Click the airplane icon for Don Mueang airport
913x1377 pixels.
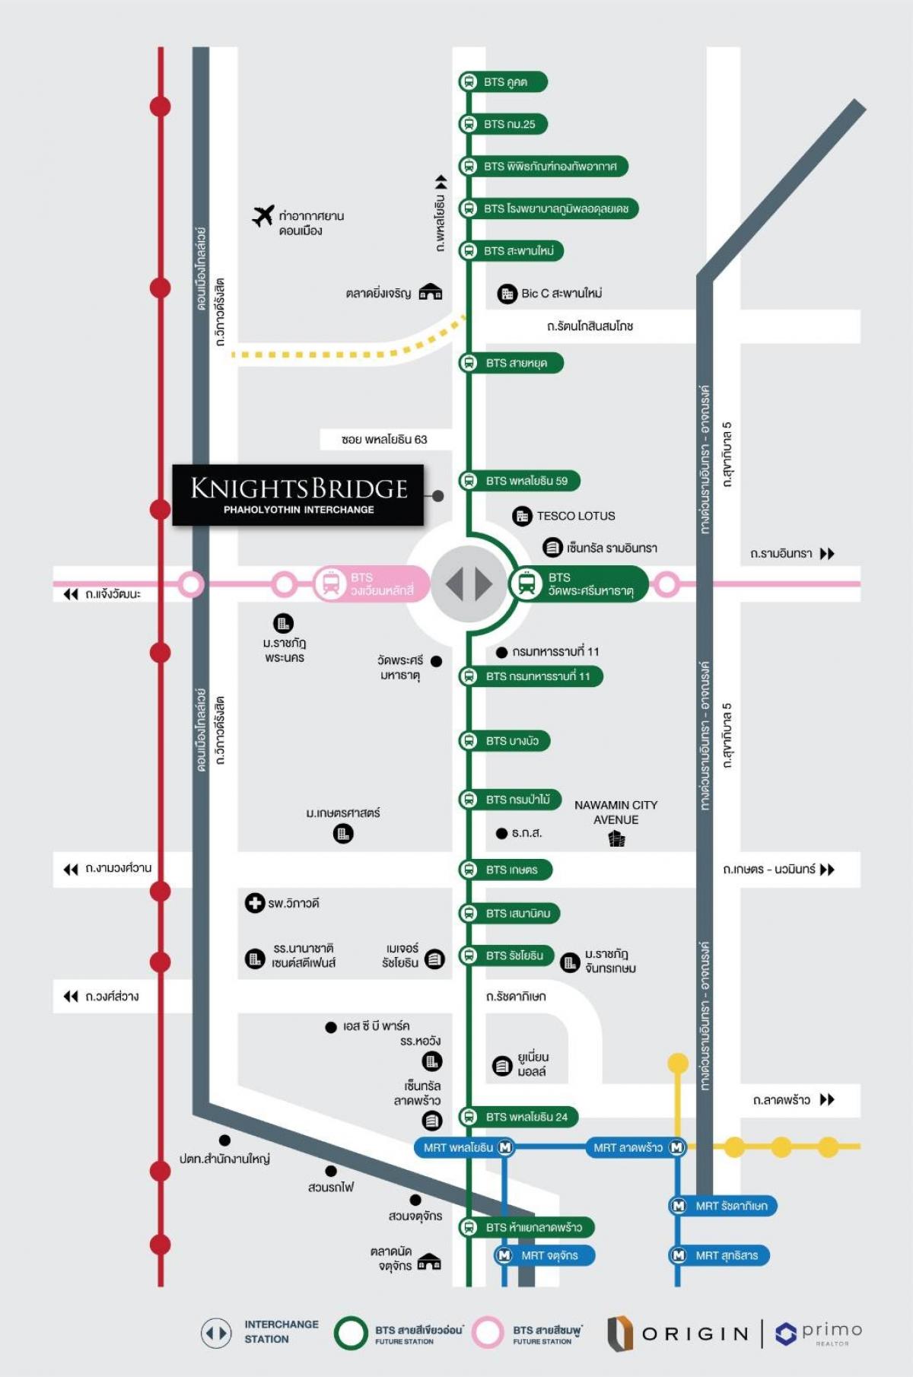[262, 216]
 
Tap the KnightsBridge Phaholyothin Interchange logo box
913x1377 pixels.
[297, 495]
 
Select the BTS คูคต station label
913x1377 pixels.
[504, 81]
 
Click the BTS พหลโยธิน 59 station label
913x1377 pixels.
[525, 481]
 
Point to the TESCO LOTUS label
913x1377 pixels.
[575, 516]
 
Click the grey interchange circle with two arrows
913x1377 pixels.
[469, 584]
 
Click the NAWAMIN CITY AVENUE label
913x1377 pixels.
[616, 813]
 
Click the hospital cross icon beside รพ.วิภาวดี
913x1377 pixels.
[254, 903]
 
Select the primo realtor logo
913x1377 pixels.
[819, 1333]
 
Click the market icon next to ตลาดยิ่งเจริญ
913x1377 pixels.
[430, 292]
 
